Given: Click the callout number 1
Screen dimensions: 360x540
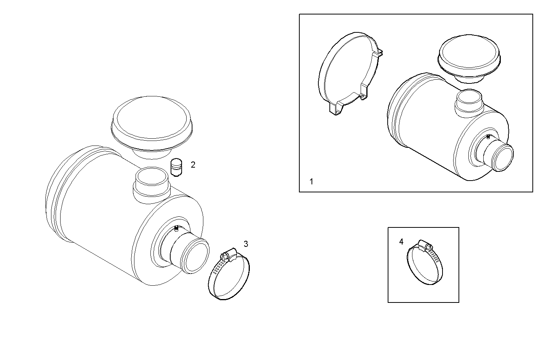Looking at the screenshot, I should point(311,182).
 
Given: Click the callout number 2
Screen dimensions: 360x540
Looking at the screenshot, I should point(193,165).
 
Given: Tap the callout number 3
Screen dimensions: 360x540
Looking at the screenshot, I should point(246,244).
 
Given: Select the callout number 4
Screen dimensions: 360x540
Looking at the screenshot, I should point(401,242).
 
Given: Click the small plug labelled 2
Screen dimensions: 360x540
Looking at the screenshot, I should point(176,168).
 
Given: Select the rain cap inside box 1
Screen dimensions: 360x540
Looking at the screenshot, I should point(469,55).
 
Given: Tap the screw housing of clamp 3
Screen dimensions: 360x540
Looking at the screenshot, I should point(227,254).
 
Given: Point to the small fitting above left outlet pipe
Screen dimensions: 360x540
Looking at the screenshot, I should point(176,228).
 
